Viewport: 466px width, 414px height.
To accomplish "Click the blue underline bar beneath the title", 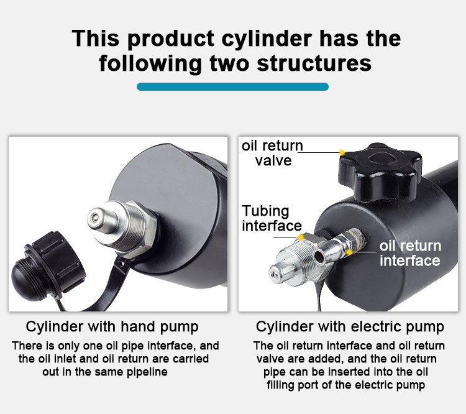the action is click(232, 86).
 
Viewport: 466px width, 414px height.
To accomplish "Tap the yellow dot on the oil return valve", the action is click(342, 152).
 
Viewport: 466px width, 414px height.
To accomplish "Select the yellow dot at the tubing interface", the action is click(301, 237).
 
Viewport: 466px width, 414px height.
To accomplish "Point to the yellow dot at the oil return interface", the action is click(349, 252).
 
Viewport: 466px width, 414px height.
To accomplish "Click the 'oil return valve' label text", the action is click(272, 153).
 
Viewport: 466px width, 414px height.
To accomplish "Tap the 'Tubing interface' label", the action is click(272, 218).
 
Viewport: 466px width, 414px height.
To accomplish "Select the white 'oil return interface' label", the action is click(410, 254).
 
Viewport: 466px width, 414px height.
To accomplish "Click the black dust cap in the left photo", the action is click(48, 266).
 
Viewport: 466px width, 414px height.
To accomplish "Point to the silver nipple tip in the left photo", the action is click(95, 218).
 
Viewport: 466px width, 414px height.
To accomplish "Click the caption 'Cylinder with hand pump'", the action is click(112, 327).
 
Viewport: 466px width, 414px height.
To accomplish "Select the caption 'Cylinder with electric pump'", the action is click(350, 327).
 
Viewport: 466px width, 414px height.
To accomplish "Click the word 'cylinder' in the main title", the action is click(267, 39).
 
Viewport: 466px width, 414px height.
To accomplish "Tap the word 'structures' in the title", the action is click(314, 63).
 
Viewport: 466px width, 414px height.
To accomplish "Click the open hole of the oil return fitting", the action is click(319, 256).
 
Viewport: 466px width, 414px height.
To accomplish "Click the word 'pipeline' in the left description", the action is click(147, 372).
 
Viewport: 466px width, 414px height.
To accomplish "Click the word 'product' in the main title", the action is click(171, 39).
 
